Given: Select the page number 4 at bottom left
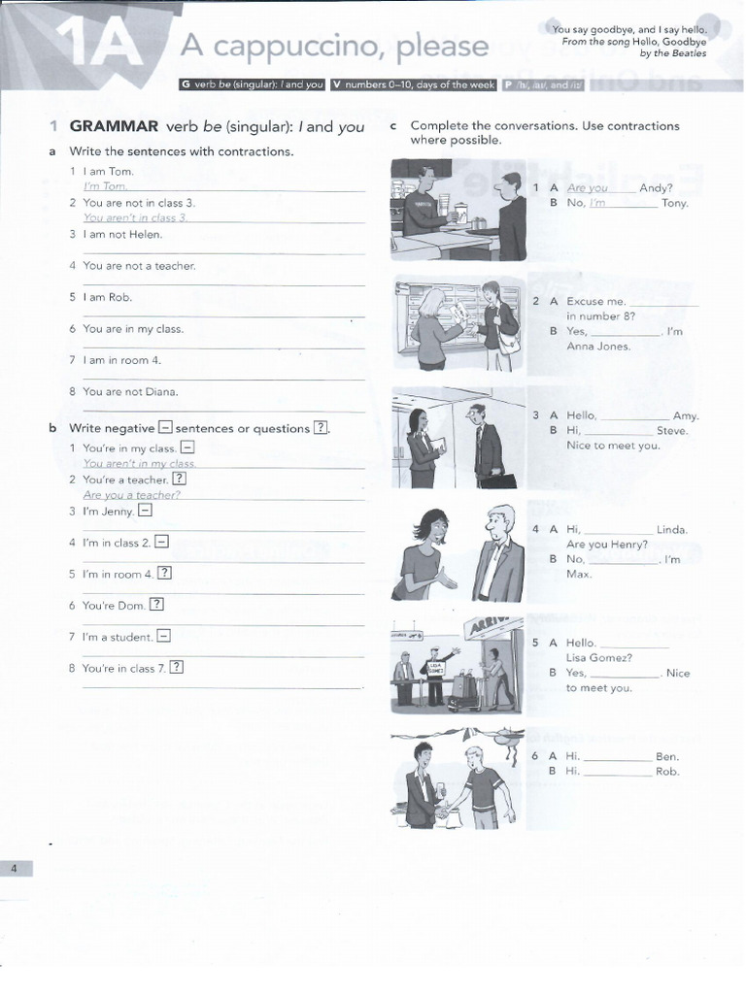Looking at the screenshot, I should coord(15,869).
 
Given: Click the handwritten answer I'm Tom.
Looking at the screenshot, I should coord(105,186).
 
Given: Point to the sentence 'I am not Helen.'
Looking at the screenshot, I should coord(122,234).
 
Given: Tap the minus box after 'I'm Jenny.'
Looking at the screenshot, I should coord(145,511).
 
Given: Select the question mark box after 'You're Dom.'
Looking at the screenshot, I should coord(156,605).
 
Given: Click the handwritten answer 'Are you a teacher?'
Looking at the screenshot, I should coord(132,495).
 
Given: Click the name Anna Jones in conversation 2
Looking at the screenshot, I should coord(598,347).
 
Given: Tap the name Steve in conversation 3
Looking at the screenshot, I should coord(671,430).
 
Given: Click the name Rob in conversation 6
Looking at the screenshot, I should coord(667,772).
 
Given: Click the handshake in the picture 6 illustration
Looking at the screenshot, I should coord(445,812).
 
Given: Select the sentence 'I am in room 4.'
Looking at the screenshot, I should coord(122,360).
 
